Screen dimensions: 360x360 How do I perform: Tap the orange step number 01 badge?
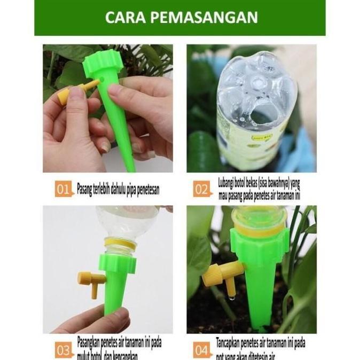63,189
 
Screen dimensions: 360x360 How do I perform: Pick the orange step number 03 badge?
63,350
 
